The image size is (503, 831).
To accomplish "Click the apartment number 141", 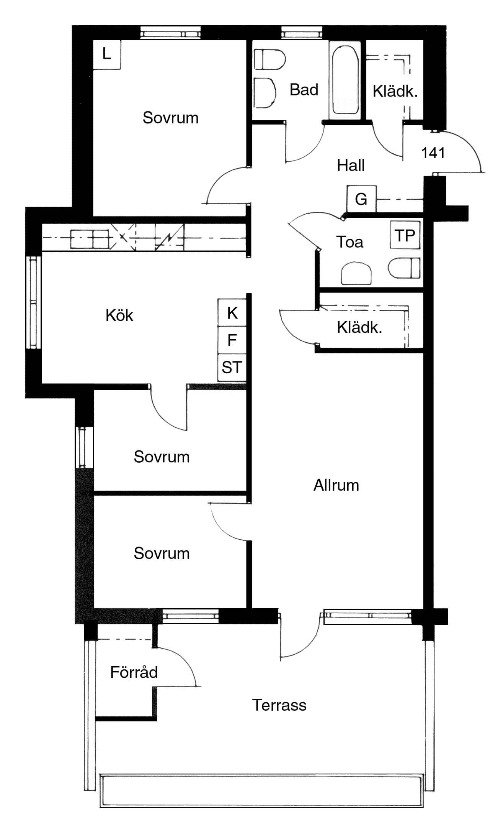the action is [433, 153].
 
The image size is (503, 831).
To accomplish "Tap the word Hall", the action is [351, 166].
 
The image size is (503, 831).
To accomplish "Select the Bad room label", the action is [304, 90].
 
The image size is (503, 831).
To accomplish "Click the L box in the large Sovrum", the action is [107, 54].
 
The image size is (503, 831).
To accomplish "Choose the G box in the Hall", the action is [361, 199].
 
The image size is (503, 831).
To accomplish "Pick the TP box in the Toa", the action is [405, 236].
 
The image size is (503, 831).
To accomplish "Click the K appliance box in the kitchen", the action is [232, 313].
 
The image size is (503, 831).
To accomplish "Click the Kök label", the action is [119, 315].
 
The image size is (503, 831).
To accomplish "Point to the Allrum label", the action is [336, 485].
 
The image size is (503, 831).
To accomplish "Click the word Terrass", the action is [279, 705].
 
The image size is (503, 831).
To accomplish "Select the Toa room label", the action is [349, 242].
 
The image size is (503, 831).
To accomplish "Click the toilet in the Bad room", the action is [270, 59].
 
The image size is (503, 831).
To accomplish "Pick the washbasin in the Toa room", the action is [356, 273].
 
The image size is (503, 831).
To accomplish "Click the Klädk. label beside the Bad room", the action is [395, 91].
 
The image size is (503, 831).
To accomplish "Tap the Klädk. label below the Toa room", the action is [359, 327].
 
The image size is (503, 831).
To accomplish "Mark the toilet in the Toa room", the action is [404, 268].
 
